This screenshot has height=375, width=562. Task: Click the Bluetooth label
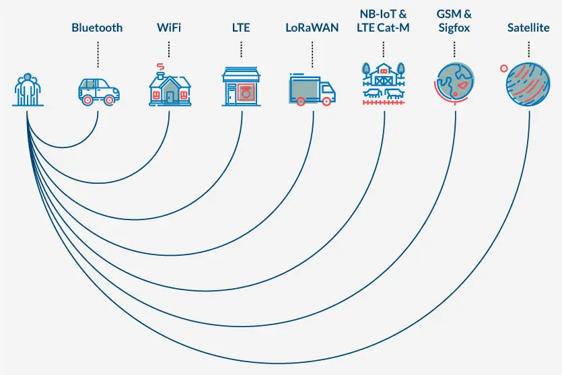pos(98,28)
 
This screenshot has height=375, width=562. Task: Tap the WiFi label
pos(168,28)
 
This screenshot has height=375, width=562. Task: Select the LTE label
pos(240,28)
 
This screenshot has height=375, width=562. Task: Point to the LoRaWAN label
pos(312,28)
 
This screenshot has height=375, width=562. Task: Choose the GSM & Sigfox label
pos(454,20)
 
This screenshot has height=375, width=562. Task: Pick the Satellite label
pos(528,28)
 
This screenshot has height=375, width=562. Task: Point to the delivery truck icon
pos(312,90)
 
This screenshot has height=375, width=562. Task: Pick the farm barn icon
pos(384,84)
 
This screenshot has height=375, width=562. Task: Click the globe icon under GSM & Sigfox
pos(455,83)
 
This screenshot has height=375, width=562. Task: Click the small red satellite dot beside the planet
pos(503,68)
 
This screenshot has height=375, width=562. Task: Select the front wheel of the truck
pos(327,101)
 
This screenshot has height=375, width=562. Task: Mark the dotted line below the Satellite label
pos(528,49)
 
